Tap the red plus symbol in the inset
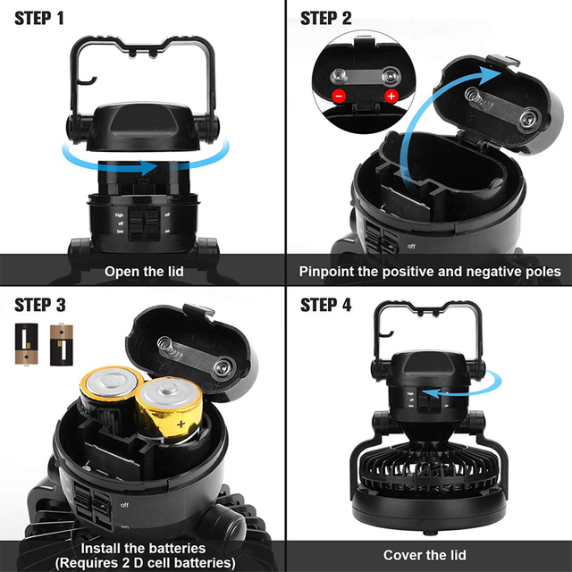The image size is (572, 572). pyautogui.click(x=391, y=96)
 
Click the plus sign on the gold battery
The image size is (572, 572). pyautogui.click(x=182, y=422)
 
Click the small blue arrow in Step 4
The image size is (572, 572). pyautogui.click(x=447, y=391)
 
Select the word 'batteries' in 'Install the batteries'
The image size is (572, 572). pyautogui.click(x=174, y=547)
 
